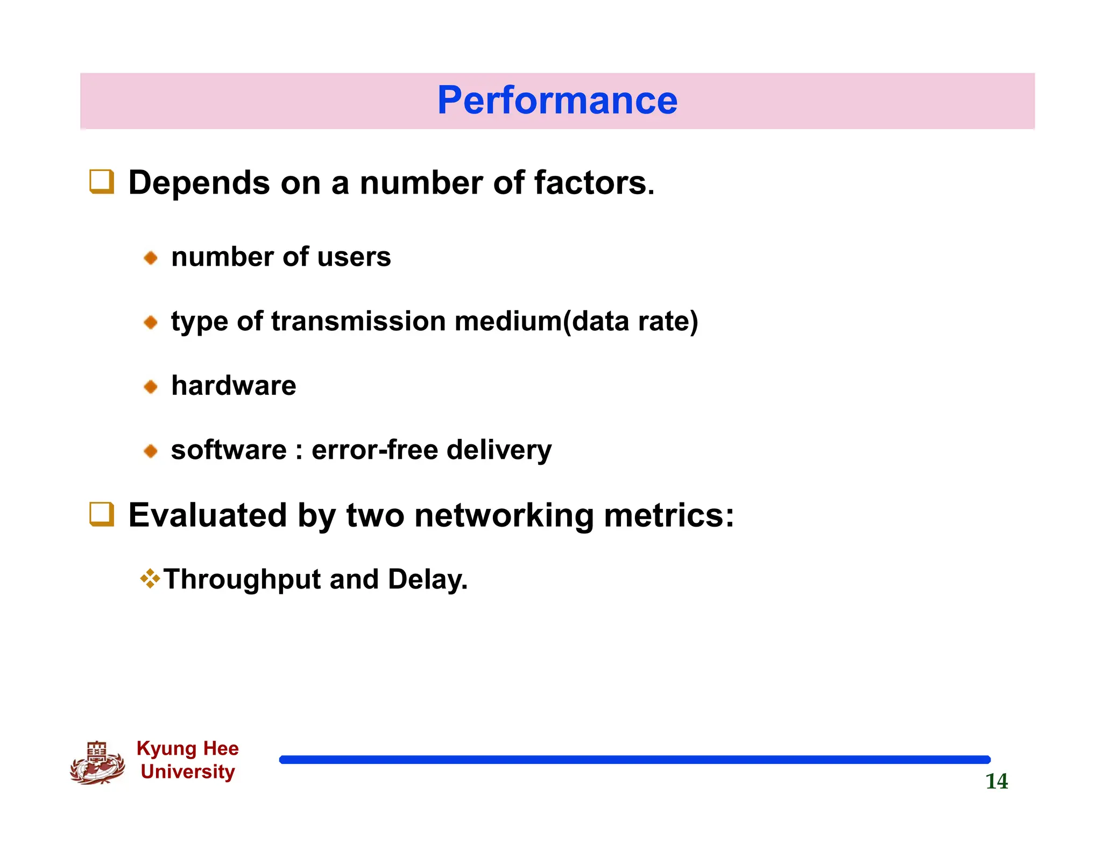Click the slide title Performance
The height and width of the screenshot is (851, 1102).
[557, 101]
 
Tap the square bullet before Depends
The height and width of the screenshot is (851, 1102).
[101, 182]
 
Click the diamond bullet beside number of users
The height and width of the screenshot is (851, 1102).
[151, 258]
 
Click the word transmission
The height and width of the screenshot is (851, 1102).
[358, 321]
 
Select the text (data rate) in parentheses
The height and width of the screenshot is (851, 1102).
[630, 322]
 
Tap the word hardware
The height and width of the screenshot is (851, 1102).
[234, 386]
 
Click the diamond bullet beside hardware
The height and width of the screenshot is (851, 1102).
[151, 386]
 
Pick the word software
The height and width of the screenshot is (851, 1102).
[229, 450]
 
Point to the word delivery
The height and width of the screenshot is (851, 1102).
[499, 450]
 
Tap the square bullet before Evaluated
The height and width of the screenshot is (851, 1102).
[101, 514]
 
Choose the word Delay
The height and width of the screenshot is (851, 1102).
[427, 580]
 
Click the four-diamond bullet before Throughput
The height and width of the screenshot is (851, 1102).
[150, 579]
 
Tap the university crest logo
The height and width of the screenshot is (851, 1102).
[97, 763]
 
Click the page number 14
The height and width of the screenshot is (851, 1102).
[996, 781]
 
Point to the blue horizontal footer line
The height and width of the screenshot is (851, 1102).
[634, 760]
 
